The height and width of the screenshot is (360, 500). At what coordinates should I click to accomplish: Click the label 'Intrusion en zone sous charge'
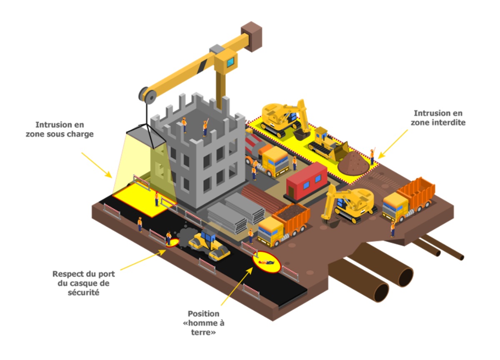[x=60, y=129]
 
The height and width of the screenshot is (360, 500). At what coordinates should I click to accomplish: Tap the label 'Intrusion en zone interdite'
[x=438, y=118]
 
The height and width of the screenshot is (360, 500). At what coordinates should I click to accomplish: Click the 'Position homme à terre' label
[x=203, y=323]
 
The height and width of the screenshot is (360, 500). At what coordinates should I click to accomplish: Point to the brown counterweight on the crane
[x=251, y=37]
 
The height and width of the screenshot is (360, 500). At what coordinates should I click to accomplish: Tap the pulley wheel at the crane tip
[x=147, y=95]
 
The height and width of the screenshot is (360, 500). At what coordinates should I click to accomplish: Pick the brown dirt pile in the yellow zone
[x=353, y=163]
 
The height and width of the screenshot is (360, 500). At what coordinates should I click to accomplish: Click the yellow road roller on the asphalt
[x=209, y=246]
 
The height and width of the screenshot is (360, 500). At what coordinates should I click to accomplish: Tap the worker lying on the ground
[x=266, y=262]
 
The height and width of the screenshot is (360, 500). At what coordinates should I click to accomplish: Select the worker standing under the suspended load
[x=157, y=199]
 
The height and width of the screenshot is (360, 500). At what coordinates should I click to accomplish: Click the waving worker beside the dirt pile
[x=372, y=156]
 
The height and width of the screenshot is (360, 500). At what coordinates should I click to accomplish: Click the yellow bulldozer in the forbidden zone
[x=328, y=143]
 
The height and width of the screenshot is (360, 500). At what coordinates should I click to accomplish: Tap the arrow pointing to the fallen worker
[x=237, y=286]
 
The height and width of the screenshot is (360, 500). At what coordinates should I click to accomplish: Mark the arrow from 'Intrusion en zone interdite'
[x=392, y=144]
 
